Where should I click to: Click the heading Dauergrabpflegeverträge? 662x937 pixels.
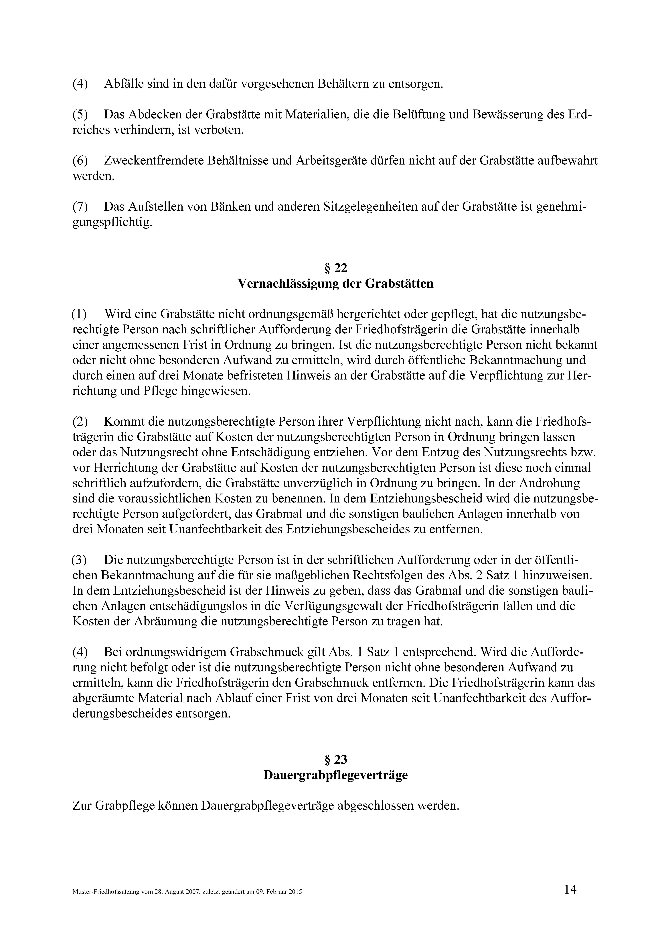tap(335, 775)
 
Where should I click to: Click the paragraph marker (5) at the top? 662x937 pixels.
tap(80, 115)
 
